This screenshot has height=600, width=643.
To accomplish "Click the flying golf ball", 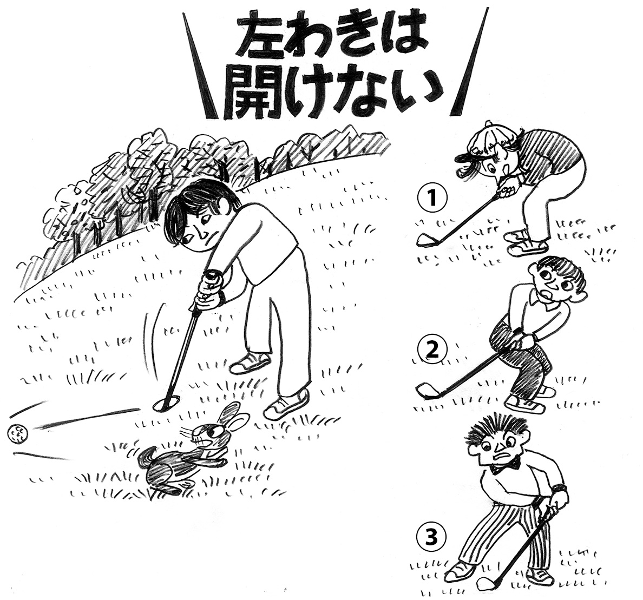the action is [x=17, y=434].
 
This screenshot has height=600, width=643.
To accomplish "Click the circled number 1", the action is [x=431, y=197].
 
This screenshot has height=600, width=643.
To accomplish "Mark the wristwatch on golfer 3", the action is [x=559, y=489].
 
